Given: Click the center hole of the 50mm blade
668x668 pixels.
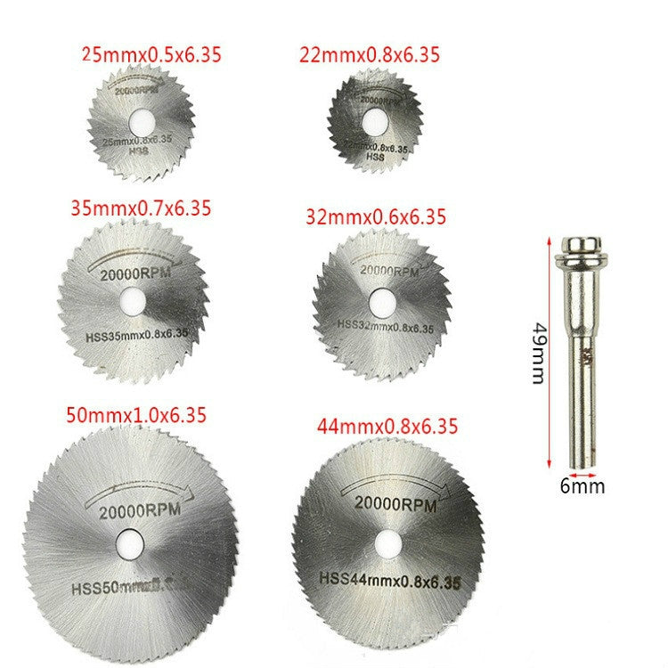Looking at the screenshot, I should [130, 539].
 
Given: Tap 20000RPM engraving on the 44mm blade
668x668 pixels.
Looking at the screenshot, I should [395, 505].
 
